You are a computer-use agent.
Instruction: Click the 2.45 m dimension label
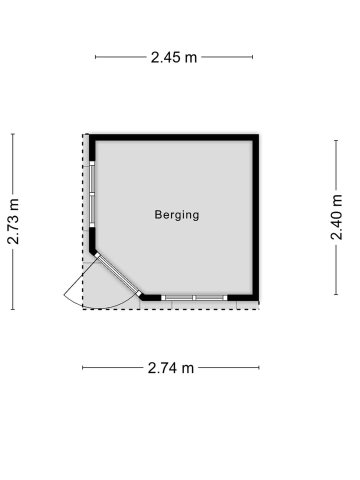pyautogui.click(x=173, y=57)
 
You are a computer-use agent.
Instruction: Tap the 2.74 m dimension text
pyautogui.click(x=171, y=367)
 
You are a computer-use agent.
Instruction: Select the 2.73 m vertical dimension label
pyautogui.click(x=13, y=221)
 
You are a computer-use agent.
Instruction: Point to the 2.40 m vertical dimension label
pyautogui.click(x=336, y=216)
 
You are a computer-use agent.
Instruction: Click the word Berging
pyautogui.click(x=177, y=215)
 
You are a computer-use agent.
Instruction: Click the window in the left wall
pyautogui.click(x=92, y=194)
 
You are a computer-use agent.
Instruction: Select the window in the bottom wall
pyautogui.click(x=194, y=297)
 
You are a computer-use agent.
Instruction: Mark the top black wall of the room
pyautogui.click(x=174, y=137)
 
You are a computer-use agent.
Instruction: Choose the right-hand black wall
pyautogui.click(x=255, y=217)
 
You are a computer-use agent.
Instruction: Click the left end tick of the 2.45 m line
pyautogui.click(x=95, y=57)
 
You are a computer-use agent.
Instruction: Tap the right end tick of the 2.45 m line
pyautogui.click(x=252, y=57)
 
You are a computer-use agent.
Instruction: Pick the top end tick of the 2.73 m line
pyautogui.click(x=13, y=134)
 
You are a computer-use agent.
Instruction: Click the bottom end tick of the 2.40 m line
pyautogui.click(x=336, y=295)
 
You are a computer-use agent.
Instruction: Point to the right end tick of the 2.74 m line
pyautogui.click(x=259, y=367)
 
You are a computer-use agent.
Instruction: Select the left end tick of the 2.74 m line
pyautogui.click(x=82, y=367)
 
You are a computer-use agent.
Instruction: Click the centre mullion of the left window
pyautogui.click(x=92, y=194)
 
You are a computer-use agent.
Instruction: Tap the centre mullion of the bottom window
pyautogui.click(x=194, y=297)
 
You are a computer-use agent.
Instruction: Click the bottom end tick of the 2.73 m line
pyautogui.click(x=13, y=309)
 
